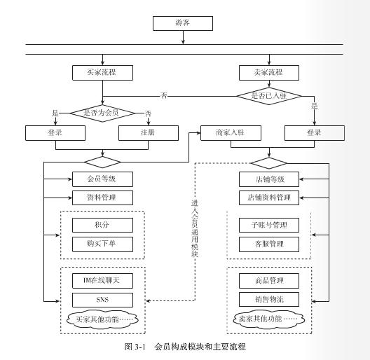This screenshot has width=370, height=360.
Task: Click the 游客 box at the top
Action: coord(183,23)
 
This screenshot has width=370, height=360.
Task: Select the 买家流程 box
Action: coord(102,73)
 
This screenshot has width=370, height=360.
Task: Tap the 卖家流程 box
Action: coord(269,73)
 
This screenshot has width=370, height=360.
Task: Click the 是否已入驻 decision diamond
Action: coord(269,96)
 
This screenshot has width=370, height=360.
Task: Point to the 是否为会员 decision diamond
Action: coord(102,113)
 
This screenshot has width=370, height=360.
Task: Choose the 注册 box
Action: coord(149,133)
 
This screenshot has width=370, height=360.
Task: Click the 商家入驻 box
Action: coord(231,133)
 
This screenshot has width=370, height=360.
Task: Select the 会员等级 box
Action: coord(102,179)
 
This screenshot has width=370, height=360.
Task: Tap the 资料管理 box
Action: coord(102,198)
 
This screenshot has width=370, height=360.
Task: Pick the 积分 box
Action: coord(102,225)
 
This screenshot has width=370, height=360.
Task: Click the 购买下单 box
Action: coord(102,244)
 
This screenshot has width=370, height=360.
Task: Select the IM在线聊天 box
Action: coord(102,281)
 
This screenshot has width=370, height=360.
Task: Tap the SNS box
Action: coord(102,300)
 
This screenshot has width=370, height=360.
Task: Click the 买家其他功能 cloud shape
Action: coord(102,319)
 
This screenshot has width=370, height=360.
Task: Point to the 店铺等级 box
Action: coord(269,179)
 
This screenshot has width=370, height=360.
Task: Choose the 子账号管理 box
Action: coord(269,225)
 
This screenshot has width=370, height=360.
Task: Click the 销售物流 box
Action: coord(269,299)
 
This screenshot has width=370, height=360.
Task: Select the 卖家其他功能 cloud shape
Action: coord(269,319)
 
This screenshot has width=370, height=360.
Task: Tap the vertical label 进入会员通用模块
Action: coord(195,228)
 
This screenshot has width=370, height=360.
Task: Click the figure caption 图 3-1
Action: coord(135,347)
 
